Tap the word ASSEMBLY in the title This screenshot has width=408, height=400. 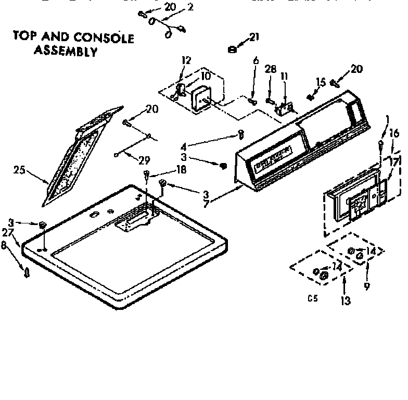pos(66,52)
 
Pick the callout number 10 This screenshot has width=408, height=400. pos(206,76)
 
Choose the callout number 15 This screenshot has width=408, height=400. pos(321,82)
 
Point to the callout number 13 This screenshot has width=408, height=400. pos(345,301)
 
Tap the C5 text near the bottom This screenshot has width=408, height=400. pos(312,298)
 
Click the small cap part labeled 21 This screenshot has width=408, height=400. pos(233,49)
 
